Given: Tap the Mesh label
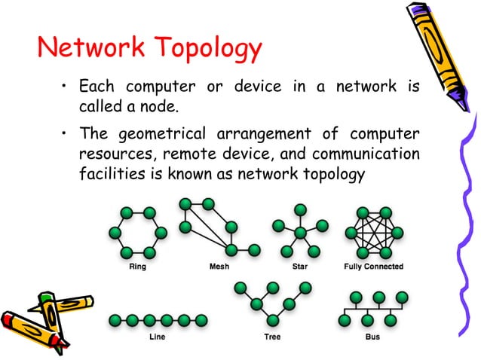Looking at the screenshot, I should click(218, 267).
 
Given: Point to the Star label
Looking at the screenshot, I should click(299, 267).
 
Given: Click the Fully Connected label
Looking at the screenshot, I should click(373, 267).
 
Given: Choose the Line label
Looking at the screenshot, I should click(135, 337).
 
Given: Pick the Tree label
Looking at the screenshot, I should click(272, 337).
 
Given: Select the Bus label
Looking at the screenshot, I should click(372, 337).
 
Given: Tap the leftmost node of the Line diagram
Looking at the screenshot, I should click(114, 320).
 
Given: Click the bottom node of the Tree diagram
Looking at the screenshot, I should click(272, 320).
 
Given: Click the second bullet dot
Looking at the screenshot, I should click(66, 135).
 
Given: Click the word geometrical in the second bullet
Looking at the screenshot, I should click(161, 136).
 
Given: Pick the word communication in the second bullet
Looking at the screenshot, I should click(365, 155).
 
